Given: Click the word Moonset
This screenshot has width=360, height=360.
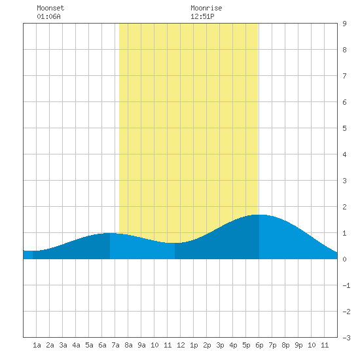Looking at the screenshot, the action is [x=50, y=8].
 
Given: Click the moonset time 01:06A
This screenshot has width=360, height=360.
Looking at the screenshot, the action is [x=48, y=16].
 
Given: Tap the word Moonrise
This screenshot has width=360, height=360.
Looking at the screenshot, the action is [x=206, y=8].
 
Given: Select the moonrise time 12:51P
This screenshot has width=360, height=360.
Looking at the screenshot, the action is [x=202, y=16].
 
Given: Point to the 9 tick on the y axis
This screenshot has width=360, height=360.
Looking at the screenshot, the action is [x=344, y=24].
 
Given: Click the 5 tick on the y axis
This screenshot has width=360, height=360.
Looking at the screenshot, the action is [x=344, y=128].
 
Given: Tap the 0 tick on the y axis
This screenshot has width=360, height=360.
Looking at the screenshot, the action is [x=344, y=259].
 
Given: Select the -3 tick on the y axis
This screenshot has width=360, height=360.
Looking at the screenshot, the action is [x=346, y=338].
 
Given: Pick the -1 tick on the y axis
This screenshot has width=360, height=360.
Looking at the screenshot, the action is [x=346, y=285].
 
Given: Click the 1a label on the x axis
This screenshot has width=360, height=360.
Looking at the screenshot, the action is [x=37, y=345].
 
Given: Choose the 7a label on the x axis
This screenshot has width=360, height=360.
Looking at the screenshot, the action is [x=115, y=345].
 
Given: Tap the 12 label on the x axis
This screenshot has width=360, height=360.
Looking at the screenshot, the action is [x=181, y=345].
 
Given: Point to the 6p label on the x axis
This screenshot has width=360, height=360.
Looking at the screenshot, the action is [x=259, y=345].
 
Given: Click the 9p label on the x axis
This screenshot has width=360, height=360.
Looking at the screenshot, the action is [x=298, y=345].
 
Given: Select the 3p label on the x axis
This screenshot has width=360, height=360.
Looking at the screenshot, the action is [x=220, y=345].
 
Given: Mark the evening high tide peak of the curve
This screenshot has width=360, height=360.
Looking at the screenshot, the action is [x=259, y=215].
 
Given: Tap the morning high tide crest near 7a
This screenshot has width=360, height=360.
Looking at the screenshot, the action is [x=110, y=233].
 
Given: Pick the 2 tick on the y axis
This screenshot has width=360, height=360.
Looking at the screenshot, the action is [x=344, y=207].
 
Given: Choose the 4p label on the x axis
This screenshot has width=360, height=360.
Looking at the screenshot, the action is [x=233, y=345].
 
